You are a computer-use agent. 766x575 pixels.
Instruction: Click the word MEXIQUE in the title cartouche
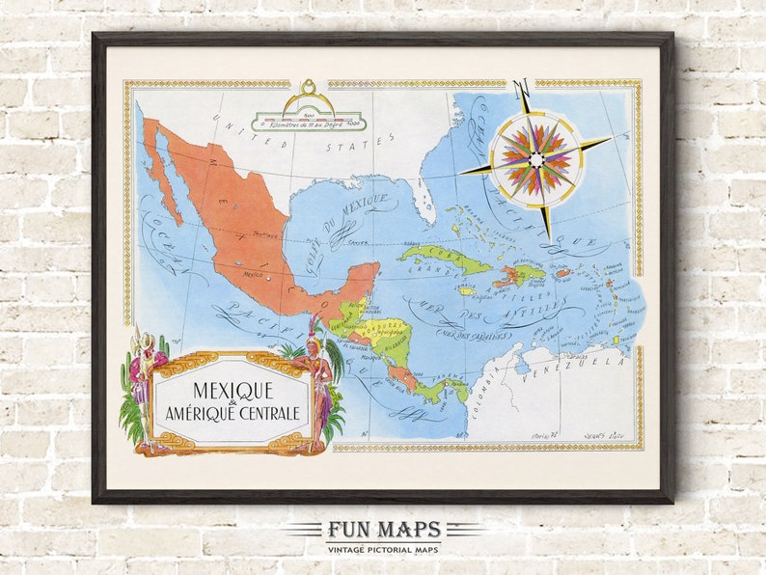[x=233, y=391]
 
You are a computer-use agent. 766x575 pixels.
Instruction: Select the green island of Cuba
[x=444, y=259]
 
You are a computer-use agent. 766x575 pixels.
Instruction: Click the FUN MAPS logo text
[x=383, y=530]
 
